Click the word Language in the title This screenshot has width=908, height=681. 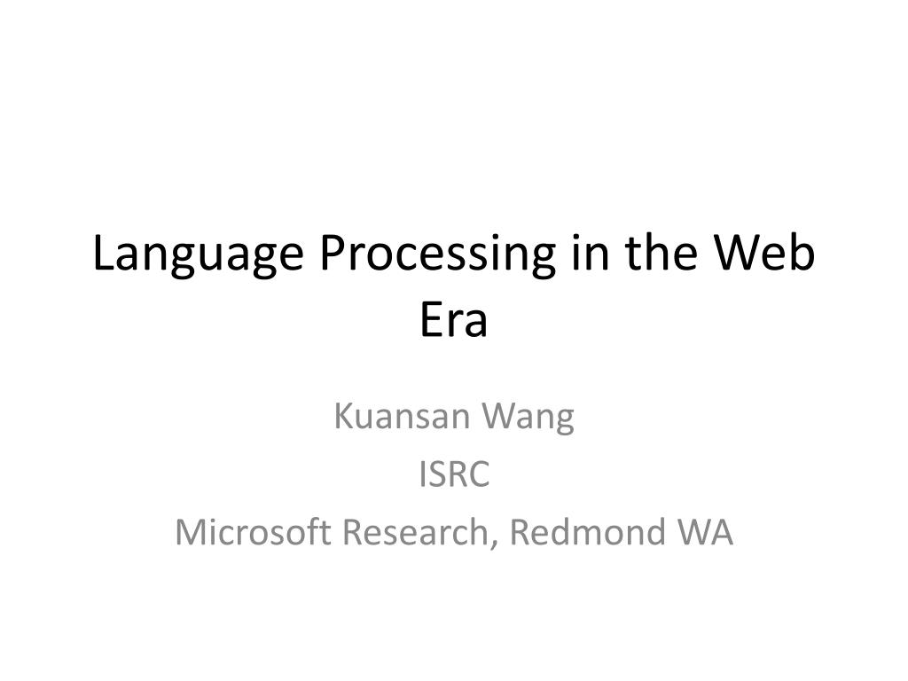click(x=198, y=254)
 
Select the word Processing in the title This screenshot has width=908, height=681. click(x=438, y=254)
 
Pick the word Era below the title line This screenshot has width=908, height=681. click(x=453, y=319)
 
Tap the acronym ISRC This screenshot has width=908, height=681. click(x=454, y=474)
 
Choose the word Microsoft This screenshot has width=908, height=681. click(x=253, y=531)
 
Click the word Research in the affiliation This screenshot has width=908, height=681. click(x=415, y=532)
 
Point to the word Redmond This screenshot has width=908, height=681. click(x=587, y=531)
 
